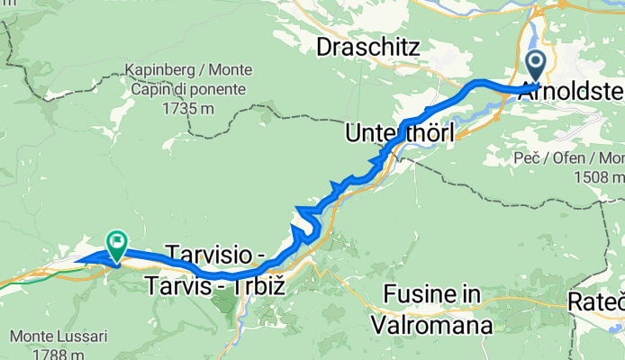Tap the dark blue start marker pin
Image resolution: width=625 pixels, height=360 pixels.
point(535,66)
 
